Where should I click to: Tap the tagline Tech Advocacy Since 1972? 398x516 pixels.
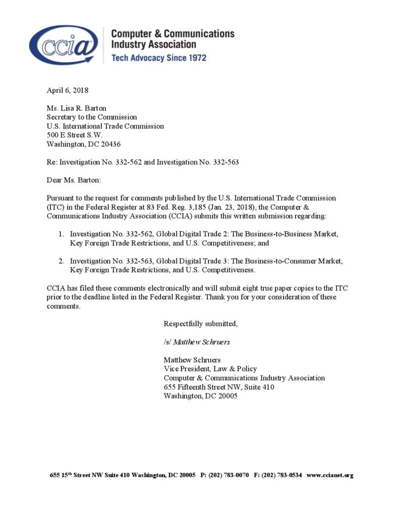point(158,58)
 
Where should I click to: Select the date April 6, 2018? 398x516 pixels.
point(67,91)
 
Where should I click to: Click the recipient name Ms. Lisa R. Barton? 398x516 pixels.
point(76,108)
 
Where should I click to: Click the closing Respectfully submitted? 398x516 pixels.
point(201,324)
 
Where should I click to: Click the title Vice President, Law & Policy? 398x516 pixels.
point(210,369)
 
